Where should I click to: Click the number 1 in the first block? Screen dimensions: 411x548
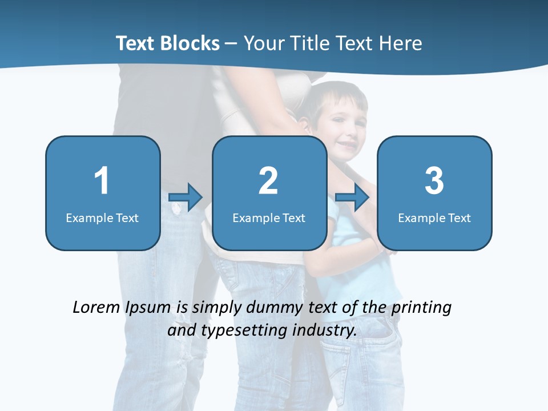coord(102,181)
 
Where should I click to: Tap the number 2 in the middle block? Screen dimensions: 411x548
coord(268,181)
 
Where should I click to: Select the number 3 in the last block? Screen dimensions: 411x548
coord(434,181)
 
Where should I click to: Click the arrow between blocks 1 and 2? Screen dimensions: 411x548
coord(186,198)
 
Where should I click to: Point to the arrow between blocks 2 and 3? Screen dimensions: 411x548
coord(352,198)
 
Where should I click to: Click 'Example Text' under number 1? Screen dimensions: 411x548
coord(102,218)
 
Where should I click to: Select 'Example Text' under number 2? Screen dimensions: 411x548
coord(269,218)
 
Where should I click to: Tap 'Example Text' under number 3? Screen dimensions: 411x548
coord(434,218)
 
